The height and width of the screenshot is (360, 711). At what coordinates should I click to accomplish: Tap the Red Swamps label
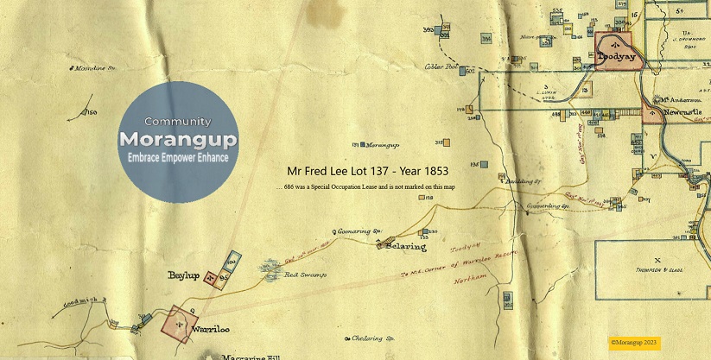pos(302,276)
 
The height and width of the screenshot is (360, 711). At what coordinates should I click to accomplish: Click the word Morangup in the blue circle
pos(178,139)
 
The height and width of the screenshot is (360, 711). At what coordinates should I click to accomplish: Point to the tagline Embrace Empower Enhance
pos(178,158)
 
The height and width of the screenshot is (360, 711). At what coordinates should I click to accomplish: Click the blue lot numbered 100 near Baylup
pos(232,258)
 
